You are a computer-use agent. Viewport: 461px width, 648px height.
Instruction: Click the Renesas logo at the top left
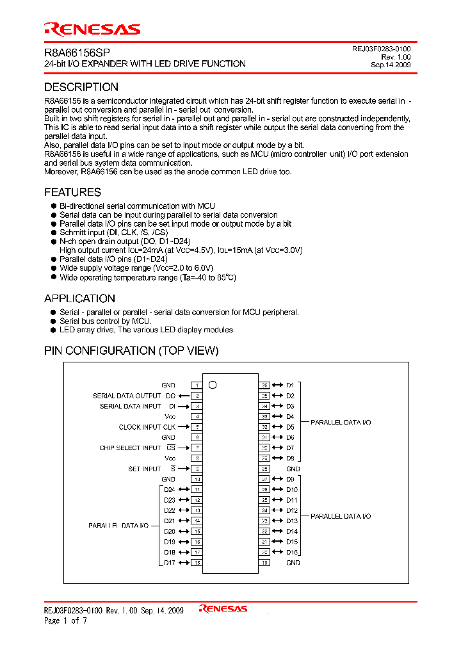click(92, 29)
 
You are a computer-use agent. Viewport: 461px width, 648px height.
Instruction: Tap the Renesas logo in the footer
click(223, 609)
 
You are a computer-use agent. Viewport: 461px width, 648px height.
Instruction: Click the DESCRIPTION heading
click(81, 87)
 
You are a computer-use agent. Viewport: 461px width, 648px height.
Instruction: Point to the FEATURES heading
click(72, 192)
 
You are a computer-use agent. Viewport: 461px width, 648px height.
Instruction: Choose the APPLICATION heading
click(79, 298)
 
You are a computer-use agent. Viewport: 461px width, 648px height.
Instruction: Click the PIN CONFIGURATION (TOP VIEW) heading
click(131, 351)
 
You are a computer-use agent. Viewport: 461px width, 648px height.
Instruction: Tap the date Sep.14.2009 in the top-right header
click(391, 65)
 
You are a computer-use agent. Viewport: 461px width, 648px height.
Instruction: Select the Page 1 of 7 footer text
click(65, 620)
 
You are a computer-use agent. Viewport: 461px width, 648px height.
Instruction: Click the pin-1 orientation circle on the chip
click(213, 385)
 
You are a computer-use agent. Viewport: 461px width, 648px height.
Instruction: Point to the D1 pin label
click(290, 385)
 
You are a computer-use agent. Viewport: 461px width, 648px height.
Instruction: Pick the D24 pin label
click(169, 490)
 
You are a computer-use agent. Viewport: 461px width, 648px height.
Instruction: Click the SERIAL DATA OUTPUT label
click(127, 396)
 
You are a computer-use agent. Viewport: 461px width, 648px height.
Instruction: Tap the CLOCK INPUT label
click(140, 427)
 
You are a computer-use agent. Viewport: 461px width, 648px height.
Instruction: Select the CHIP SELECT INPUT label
click(130, 448)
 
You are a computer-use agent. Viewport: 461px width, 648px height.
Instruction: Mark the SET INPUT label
click(144, 469)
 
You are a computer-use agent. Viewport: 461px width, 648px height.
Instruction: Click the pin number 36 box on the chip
click(264, 385)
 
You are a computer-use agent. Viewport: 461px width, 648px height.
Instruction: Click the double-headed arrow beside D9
click(277, 479)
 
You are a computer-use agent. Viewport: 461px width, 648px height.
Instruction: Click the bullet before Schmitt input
click(54, 233)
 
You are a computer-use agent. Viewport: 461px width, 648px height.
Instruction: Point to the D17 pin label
click(169, 563)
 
